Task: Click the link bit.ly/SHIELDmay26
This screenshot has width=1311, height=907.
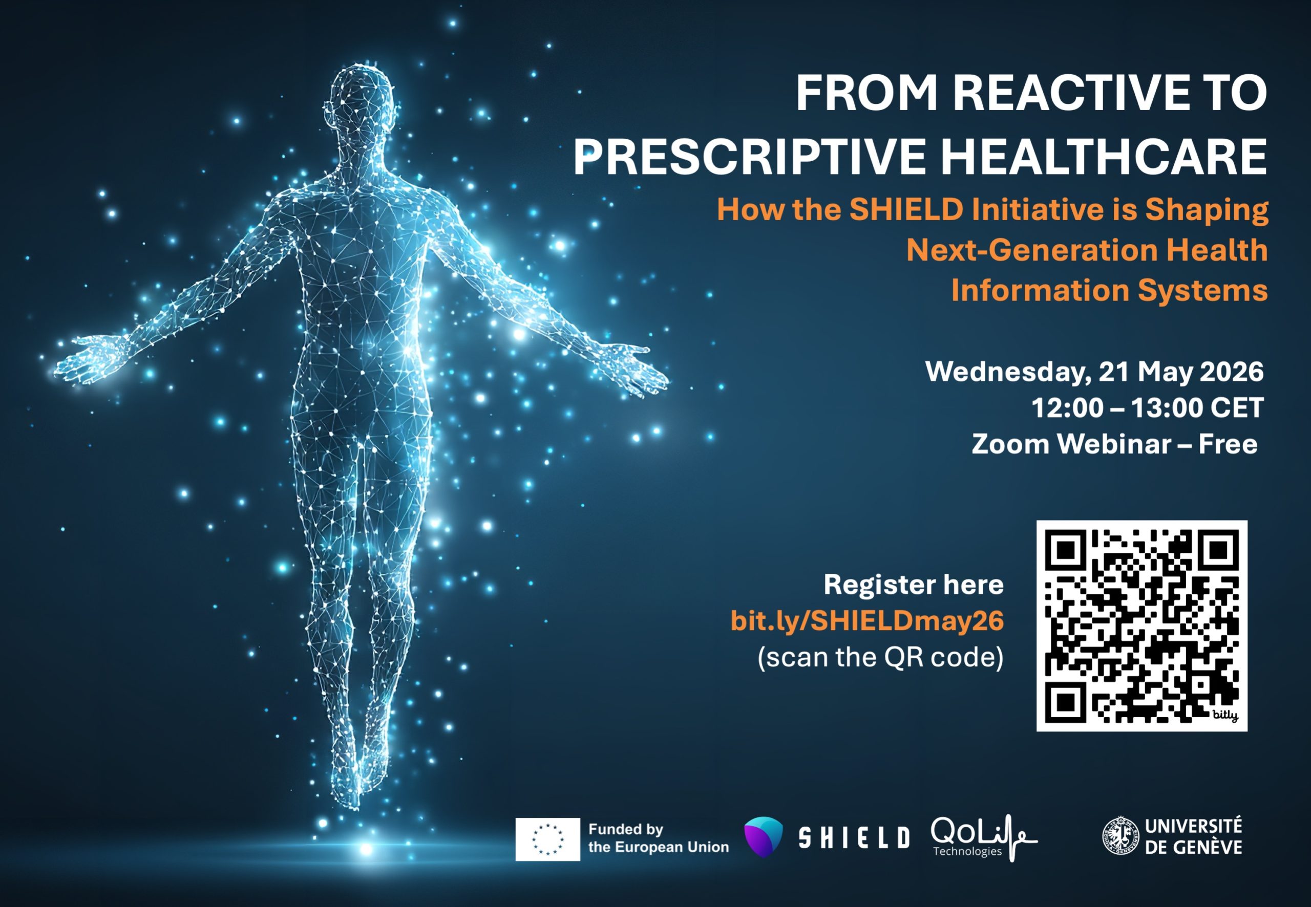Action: click(x=866, y=621)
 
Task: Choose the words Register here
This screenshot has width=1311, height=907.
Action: click(x=913, y=585)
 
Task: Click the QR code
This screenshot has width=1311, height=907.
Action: click(x=1141, y=625)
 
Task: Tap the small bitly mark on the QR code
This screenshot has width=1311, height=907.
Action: click(x=1224, y=715)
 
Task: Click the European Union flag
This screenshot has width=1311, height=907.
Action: click(x=547, y=839)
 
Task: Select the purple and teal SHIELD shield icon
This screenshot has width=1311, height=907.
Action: click(x=764, y=836)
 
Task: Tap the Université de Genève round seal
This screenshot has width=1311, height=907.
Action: click(x=1120, y=836)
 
